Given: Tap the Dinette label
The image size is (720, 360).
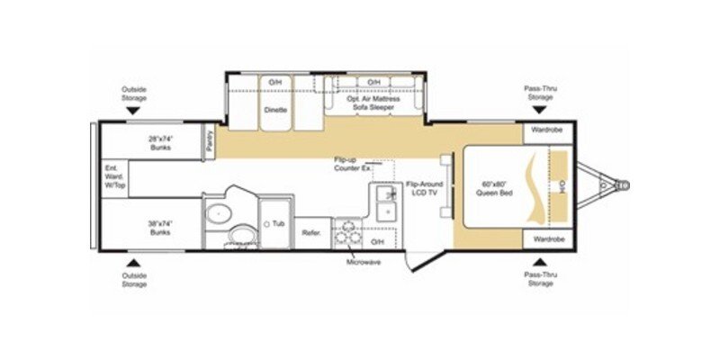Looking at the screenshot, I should pyautogui.click(x=275, y=109).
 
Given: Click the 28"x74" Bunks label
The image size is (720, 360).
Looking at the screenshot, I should pyautogui.click(x=160, y=142).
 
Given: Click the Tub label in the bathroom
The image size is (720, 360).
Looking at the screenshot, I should pyautogui.click(x=279, y=222).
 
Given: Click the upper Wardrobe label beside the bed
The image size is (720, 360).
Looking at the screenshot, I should pyautogui.click(x=545, y=130).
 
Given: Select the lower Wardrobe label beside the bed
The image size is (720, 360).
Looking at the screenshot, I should pyautogui.click(x=545, y=240).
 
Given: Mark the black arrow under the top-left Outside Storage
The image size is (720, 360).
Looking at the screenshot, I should pyautogui.click(x=132, y=110).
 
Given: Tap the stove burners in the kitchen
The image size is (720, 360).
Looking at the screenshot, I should pyautogui.click(x=347, y=233).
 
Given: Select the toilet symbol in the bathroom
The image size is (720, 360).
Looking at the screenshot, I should pyautogui.click(x=240, y=237).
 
